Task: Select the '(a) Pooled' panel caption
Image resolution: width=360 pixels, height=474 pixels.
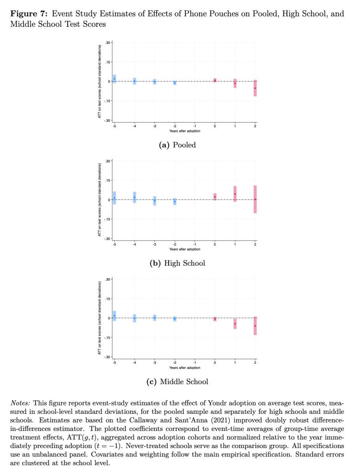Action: tap(177, 145)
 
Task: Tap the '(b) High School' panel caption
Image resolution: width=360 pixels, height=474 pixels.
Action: tap(177, 263)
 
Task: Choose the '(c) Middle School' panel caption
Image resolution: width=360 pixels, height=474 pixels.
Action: tap(177, 382)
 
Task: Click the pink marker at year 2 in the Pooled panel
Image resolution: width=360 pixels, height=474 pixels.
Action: tap(255, 88)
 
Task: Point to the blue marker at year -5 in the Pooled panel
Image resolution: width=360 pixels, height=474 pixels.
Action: tap(114, 79)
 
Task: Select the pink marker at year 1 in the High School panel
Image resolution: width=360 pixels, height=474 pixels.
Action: tap(235, 194)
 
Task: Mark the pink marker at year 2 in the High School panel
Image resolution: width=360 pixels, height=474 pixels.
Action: tap(255, 199)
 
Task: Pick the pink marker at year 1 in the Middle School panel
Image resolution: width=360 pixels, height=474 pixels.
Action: tap(235, 324)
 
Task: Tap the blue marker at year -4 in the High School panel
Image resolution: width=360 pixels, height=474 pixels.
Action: tap(134, 197)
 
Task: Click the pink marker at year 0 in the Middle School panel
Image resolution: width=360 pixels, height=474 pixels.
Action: tap(215, 319)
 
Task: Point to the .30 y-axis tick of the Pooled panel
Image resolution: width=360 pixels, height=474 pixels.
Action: tap(107, 43)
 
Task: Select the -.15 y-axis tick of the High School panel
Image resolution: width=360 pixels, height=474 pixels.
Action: tap(107, 219)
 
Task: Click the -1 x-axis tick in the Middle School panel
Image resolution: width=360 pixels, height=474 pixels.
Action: tap(195, 362)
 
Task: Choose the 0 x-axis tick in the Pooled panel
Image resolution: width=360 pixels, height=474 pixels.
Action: tap(215, 126)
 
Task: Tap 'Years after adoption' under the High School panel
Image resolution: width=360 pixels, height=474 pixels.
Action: tap(184, 249)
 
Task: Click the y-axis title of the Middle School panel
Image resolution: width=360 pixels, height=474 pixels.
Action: tap(99, 318)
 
